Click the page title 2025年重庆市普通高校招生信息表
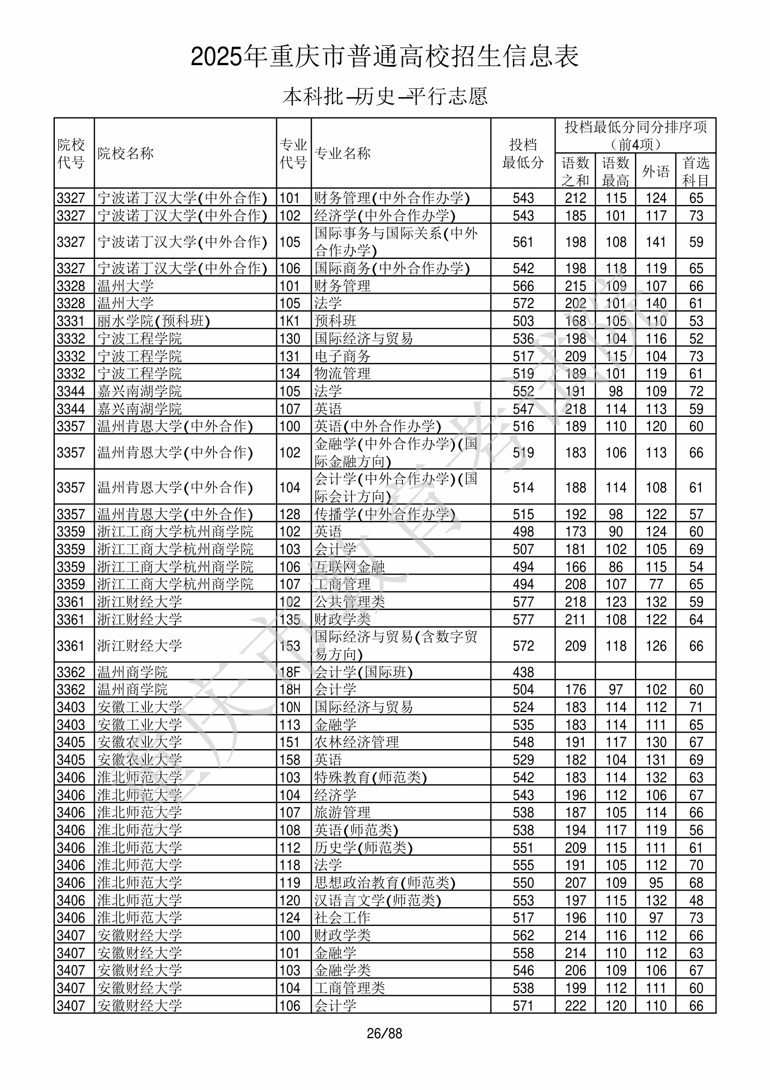384,57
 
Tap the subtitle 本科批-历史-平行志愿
384,96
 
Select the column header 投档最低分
523,153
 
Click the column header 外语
656,171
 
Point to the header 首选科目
695,171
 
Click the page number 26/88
384,1033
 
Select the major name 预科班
335,321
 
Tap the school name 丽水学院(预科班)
153,321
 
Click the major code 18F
289,672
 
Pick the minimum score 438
523,672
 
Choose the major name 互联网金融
349,567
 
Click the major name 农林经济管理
356,742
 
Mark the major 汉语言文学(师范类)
378,900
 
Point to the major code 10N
289,707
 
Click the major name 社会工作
342,918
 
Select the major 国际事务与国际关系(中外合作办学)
396,242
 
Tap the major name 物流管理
342,374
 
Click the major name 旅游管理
342,812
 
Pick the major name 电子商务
342,356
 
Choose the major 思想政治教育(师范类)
385,882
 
